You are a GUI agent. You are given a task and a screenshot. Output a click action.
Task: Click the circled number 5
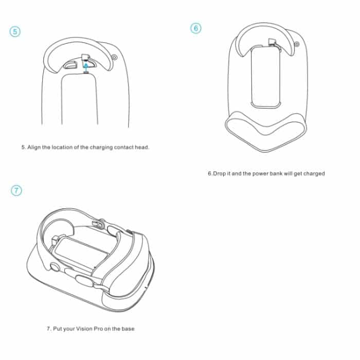click(15, 31)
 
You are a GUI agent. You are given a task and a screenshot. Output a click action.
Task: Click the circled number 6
click(196, 28)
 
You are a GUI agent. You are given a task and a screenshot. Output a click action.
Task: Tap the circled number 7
click(16, 191)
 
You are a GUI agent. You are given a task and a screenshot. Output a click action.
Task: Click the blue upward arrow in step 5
click(86, 68)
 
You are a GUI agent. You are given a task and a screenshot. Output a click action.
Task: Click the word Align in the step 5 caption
click(34, 148)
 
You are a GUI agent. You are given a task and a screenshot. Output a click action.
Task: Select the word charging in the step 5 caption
click(101, 148)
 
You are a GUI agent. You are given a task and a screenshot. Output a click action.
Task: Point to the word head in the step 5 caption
click(142, 147)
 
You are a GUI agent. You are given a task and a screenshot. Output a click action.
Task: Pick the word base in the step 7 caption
click(128, 329)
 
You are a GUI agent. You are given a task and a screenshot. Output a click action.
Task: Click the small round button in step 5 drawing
click(114, 57)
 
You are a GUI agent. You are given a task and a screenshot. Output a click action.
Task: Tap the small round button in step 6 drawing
click(297, 44)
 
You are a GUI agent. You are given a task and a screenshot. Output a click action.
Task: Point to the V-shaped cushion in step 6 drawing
click(266, 131)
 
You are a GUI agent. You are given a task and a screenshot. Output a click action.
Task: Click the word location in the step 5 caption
click(62, 148)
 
